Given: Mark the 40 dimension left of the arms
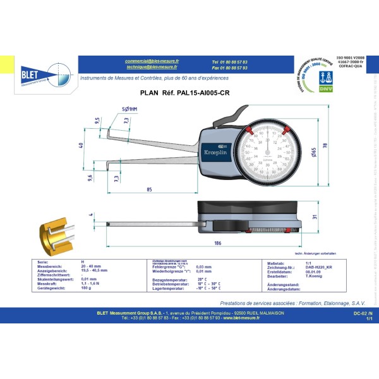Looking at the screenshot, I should pos(80,146).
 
